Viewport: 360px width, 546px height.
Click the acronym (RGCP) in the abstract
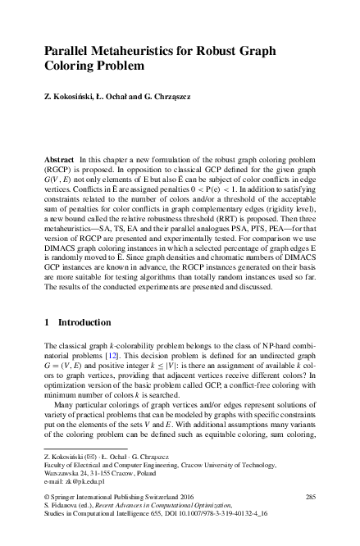tap(61, 166)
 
